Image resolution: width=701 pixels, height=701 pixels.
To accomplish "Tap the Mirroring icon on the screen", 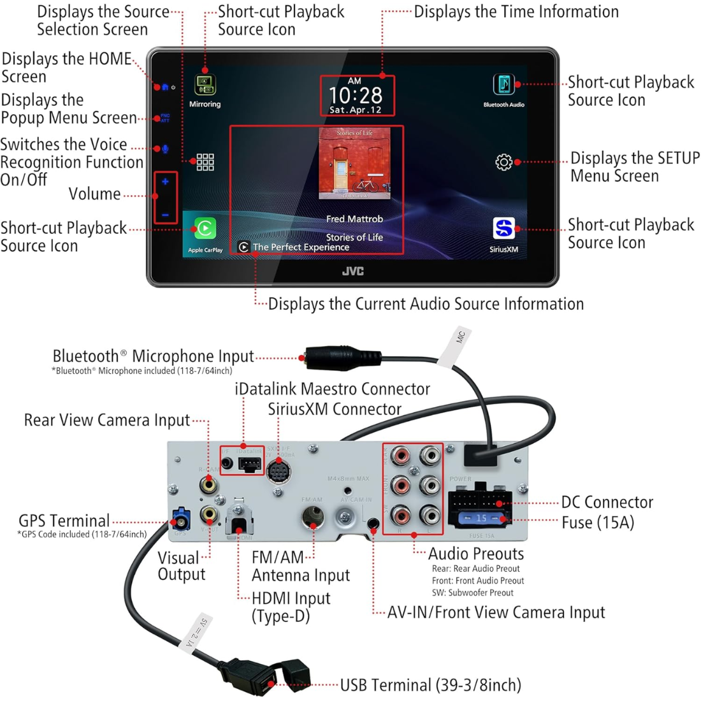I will (205, 85).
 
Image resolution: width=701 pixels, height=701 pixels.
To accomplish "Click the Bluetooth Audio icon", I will (503, 85).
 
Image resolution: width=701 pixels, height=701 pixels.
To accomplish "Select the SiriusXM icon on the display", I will (503, 228).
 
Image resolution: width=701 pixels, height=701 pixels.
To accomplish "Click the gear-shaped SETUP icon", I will (503, 162).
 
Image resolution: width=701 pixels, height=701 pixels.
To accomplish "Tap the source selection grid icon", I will (205, 162).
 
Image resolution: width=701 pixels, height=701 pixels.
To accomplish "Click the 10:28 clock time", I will (356, 96).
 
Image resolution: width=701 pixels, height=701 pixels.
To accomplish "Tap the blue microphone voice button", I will (165, 148).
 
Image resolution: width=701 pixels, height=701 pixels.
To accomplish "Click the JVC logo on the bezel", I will (353, 271).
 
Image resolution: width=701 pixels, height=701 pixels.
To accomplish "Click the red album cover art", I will (354, 164).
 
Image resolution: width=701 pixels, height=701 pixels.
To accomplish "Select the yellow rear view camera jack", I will (208, 484).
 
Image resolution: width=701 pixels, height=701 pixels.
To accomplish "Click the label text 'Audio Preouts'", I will (475, 554).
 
